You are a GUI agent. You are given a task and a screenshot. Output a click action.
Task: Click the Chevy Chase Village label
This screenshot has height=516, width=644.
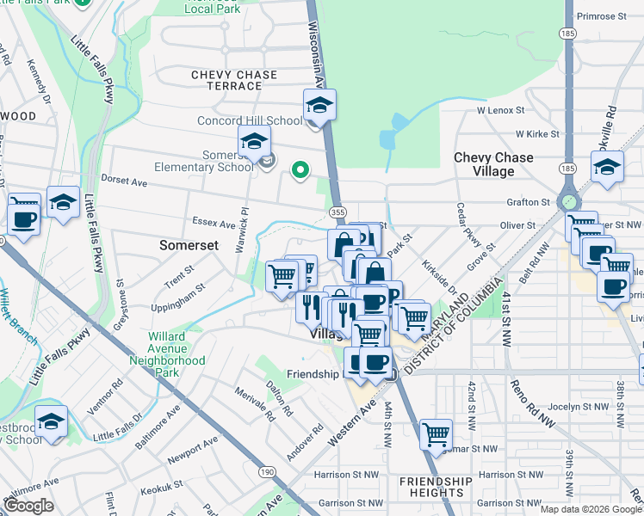click(x=493, y=164)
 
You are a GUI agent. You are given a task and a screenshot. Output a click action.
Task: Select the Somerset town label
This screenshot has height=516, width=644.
click(x=189, y=245)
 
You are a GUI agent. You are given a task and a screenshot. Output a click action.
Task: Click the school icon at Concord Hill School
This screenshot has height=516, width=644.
click(x=319, y=105)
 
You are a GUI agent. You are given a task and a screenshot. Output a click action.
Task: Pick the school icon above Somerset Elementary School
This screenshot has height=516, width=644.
click(x=254, y=142)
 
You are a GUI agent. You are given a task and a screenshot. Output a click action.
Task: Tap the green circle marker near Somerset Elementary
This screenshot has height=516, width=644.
click(x=300, y=170)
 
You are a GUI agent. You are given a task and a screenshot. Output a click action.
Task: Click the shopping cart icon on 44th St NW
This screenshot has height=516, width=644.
click(x=437, y=433)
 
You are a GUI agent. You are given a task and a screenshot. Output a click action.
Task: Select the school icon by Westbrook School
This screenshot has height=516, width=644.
click(x=52, y=421)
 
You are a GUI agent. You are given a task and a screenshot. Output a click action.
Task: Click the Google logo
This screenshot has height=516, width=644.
click(x=28, y=506)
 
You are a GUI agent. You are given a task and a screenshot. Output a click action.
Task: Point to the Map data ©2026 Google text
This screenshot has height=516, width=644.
click(x=590, y=509)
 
